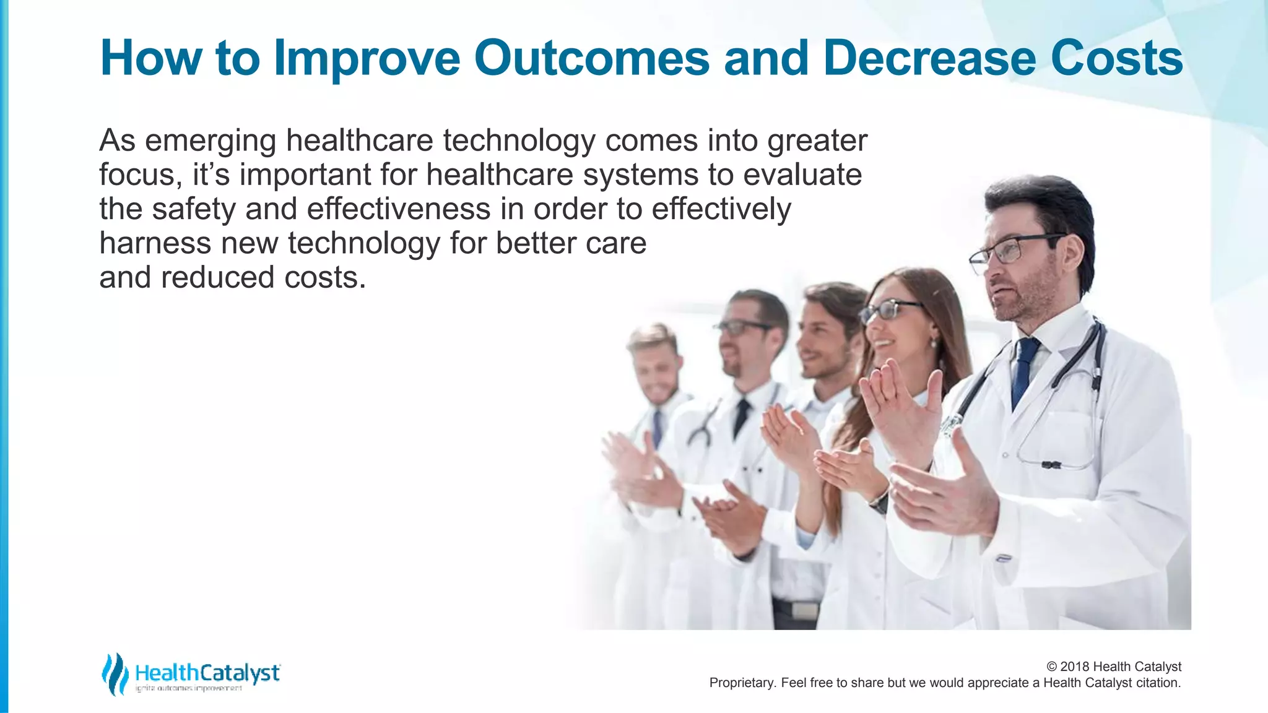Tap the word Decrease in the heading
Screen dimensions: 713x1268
coord(929,58)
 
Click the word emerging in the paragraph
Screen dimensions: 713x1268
coord(210,141)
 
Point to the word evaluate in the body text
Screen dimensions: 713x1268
coord(802,175)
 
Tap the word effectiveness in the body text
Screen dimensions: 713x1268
coord(399,209)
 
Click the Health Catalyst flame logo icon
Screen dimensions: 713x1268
coord(115,673)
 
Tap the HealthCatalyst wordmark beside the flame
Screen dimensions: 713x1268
coord(207,673)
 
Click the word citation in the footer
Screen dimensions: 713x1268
coord(1158,683)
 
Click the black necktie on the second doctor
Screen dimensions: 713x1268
coord(740,417)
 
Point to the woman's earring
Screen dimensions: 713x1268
coord(933,343)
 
